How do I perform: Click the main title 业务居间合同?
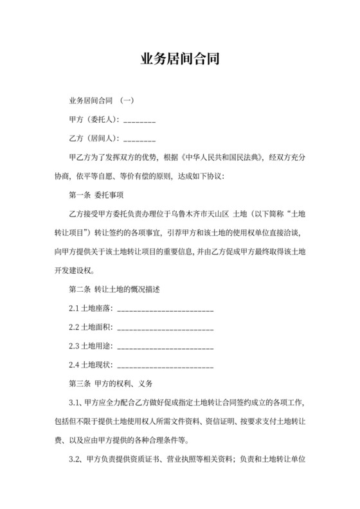pyautogui.click(x=180, y=60)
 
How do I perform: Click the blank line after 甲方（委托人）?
pyautogui.click(x=139, y=120)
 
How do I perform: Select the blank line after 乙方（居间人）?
pyautogui.click(x=139, y=139)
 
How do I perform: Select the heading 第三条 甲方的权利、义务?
pyautogui.click(x=110, y=384)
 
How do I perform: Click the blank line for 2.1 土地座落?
pyautogui.click(x=166, y=310)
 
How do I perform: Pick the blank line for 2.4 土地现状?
pyautogui.click(x=166, y=366)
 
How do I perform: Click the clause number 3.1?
pyautogui.click(x=75, y=403)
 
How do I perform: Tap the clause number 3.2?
pyautogui.click(x=75, y=460)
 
